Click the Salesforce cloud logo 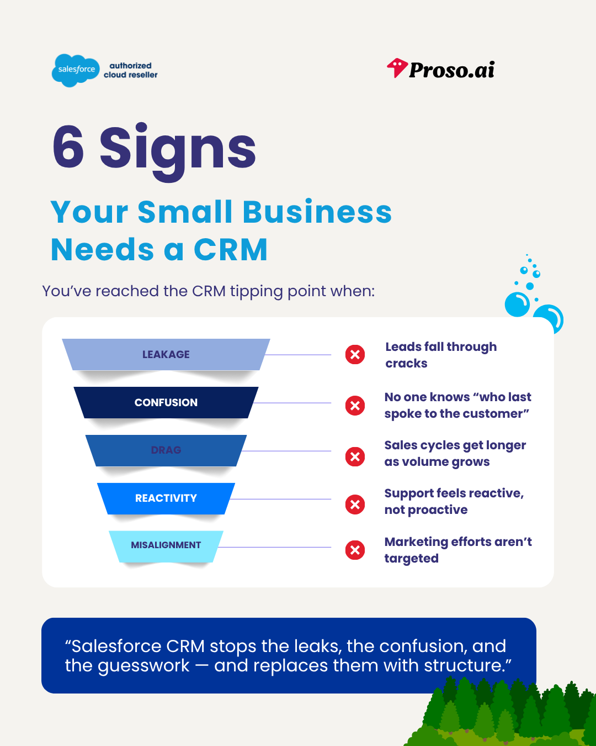click(76, 70)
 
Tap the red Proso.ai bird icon click(397, 68)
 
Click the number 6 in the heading click(68, 147)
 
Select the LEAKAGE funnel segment click(166, 354)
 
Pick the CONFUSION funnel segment click(166, 402)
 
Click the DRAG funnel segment click(166, 450)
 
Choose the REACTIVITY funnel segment click(166, 498)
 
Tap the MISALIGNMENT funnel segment click(166, 545)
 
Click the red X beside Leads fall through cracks click(355, 354)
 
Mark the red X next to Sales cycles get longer click(355, 456)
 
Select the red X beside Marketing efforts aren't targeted click(355, 550)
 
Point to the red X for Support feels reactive click(355, 504)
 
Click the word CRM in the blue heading click(231, 250)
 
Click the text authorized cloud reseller click(131, 70)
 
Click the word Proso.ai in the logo click(452, 70)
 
